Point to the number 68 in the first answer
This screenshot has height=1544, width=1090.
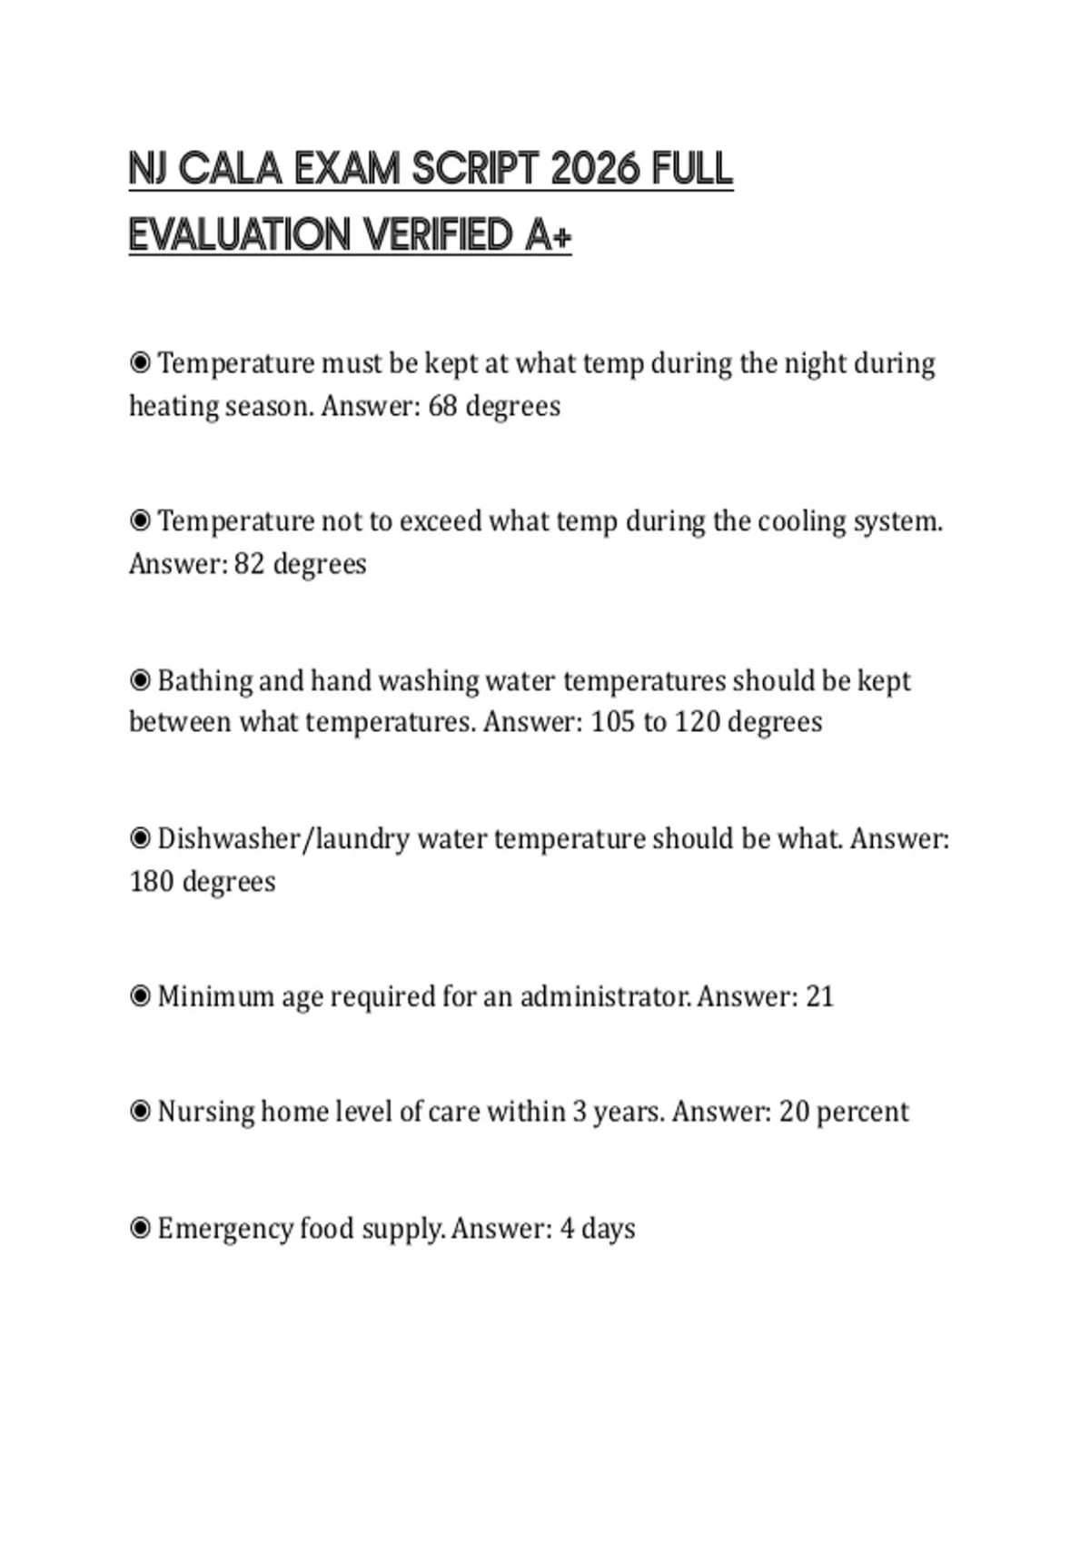pyautogui.click(x=442, y=406)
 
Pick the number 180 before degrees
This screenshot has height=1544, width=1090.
pyautogui.click(x=152, y=881)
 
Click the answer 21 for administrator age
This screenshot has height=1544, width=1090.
pyautogui.click(x=819, y=996)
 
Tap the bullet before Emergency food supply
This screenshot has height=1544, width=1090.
pyautogui.click(x=140, y=1229)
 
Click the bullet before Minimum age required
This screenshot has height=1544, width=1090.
pyautogui.click(x=140, y=996)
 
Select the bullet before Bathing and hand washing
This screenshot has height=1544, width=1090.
pyautogui.click(x=140, y=680)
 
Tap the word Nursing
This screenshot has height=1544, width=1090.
pyautogui.click(x=205, y=1112)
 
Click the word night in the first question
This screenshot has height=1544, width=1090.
pyautogui.click(x=816, y=363)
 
